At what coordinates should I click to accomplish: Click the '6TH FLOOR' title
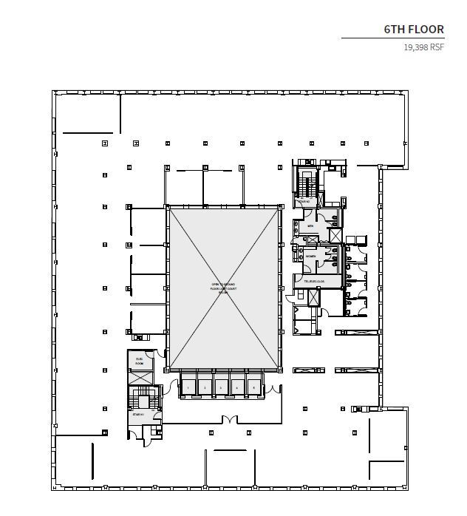(414, 30)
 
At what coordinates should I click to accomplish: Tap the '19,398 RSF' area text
(423, 47)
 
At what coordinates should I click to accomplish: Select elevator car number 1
(188, 387)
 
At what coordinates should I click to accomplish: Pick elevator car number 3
(221, 387)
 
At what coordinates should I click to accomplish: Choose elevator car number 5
(253, 387)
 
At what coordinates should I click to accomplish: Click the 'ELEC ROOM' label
(138, 361)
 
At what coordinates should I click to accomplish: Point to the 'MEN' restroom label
(310, 226)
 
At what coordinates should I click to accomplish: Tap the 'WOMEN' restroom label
(311, 257)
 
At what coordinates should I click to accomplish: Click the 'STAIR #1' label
(137, 415)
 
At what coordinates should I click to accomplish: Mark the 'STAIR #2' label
(303, 201)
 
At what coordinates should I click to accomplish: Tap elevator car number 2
(205, 387)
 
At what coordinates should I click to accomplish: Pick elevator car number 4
(237, 387)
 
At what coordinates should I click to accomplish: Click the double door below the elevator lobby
(230, 420)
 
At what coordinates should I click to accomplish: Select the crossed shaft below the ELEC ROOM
(138, 377)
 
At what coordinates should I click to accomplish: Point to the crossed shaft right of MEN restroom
(335, 234)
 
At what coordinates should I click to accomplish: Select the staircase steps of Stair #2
(305, 180)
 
